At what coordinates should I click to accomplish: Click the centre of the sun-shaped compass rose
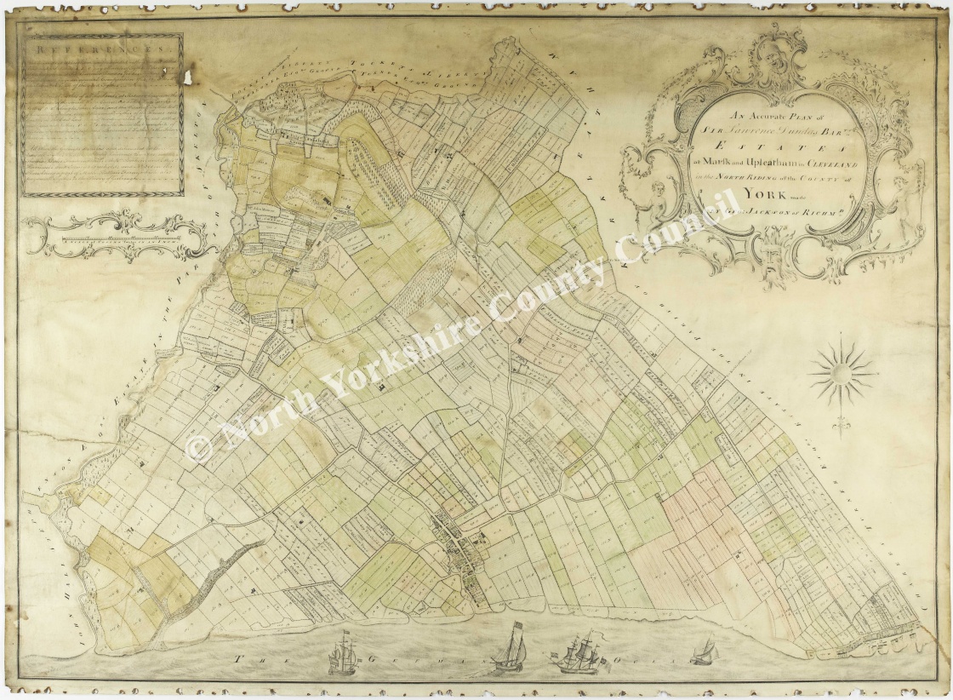842,371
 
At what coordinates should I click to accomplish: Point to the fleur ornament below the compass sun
843,419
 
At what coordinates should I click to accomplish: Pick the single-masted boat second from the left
510,649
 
